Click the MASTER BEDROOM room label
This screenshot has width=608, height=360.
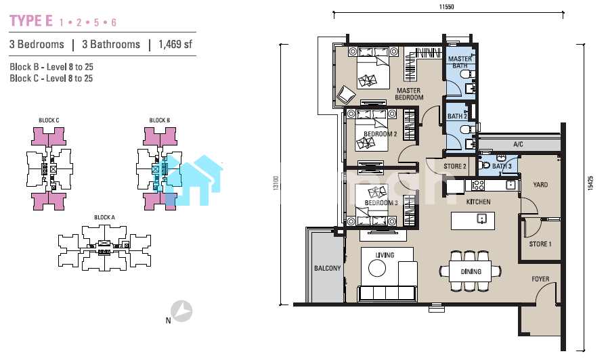(x=409, y=94)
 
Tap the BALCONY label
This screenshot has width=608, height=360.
(x=327, y=268)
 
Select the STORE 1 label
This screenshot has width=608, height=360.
(x=540, y=244)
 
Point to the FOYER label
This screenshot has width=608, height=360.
(x=540, y=279)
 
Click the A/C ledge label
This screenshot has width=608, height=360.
(x=518, y=145)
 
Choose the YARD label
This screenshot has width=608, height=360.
(x=540, y=185)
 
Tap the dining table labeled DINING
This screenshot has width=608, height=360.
(x=471, y=271)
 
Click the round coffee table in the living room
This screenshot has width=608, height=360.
(x=377, y=268)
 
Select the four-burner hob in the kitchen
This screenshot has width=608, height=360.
(x=478, y=185)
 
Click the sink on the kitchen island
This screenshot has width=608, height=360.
(x=481, y=219)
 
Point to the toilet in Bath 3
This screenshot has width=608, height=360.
(x=485, y=166)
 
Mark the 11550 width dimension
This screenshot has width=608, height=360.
(x=446, y=7)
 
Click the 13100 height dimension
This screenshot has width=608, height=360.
(x=276, y=183)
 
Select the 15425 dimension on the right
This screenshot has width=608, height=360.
(x=590, y=183)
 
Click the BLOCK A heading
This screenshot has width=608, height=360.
(x=105, y=217)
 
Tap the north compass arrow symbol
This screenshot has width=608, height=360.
(x=182, y=311)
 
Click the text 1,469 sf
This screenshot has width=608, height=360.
(x=175, y=45)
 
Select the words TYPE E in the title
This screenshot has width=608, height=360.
(x=31, y=21)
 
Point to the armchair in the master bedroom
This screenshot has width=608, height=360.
(x=345, y=95)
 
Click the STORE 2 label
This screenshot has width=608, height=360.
(x=455, y=166)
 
